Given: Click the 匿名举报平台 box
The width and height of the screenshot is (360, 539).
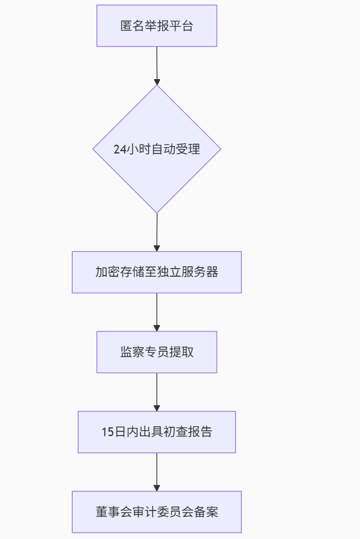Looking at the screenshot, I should (156, 26).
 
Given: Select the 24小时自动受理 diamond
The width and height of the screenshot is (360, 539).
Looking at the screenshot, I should (156, 149).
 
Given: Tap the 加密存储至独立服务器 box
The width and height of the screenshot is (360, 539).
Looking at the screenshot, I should (156, 272).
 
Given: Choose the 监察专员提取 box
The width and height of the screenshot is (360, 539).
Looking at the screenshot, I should (156, 352).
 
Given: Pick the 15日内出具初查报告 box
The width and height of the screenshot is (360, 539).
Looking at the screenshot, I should (156, 432).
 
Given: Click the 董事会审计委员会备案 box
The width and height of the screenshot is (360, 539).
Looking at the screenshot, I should (156, 512).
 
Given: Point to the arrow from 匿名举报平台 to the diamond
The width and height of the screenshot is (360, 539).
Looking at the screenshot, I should (156, 65).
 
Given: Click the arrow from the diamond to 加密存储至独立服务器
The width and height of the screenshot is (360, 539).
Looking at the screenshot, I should (156, 232).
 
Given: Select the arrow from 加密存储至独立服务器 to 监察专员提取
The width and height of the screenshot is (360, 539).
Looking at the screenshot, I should (156, 312).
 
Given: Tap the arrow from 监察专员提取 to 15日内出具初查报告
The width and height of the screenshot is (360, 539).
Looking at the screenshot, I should (156, 392).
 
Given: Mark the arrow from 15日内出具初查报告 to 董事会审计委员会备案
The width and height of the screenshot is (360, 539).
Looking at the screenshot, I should (156, 472).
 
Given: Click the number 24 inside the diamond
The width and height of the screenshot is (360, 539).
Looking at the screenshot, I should (120, 149).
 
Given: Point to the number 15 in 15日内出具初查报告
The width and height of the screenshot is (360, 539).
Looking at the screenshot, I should (107, 432).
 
